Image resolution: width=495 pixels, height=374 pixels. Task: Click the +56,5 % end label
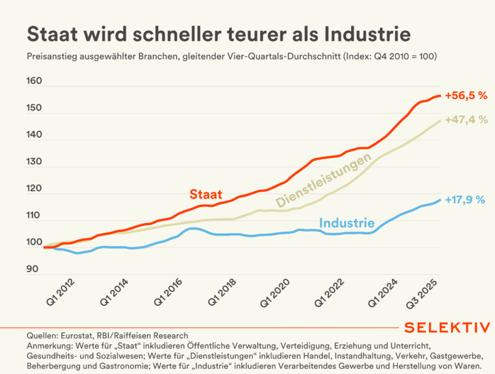tap(465, 96)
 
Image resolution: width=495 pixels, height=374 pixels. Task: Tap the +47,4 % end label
tap(465, 120)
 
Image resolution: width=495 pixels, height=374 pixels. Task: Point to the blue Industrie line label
tap(347, 223)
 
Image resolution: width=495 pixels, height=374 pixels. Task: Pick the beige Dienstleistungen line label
tap(323, 182)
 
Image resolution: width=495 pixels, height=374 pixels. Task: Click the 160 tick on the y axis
tap(34, 81)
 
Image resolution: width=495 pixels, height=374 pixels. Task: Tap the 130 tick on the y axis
tap(34, 162)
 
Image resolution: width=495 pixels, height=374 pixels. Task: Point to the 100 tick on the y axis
tap(34, 242)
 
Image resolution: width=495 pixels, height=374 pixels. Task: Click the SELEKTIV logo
tap(447, 329)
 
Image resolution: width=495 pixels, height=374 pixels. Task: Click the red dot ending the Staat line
tap(439, 96)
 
